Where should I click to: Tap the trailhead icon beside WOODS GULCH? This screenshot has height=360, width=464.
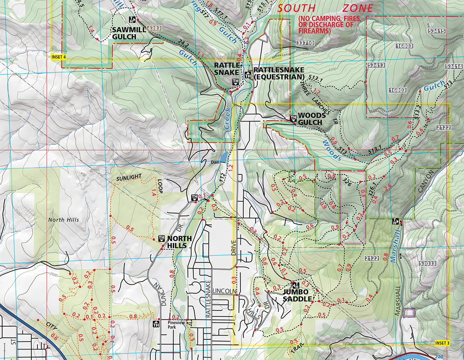click(x=293, y=119)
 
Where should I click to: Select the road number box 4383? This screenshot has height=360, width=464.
click(x=154, y=29)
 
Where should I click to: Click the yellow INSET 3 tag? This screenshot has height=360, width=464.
click(x=442, y=343)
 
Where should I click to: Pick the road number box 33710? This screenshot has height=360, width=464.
click(x=305, y=43)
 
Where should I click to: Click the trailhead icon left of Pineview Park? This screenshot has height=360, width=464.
click(x=156, y=324)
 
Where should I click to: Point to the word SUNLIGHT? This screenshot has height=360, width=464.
click(x=128, y=179)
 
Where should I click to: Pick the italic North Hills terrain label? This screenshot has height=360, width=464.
click(x=63, y=220)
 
